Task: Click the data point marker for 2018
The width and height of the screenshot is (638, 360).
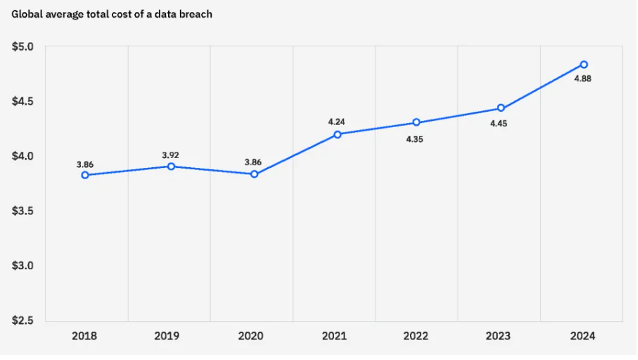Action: (85, 175)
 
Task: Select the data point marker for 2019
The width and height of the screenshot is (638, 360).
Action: (171, 166)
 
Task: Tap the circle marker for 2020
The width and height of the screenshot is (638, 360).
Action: (254, 174)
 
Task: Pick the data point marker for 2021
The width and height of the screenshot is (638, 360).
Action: (337, 134)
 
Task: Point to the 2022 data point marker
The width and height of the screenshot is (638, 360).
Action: (416, 122)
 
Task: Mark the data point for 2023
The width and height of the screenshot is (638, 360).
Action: (501, 108)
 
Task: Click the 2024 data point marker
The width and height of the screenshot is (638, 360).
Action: (584, 64)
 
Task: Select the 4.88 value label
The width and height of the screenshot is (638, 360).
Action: (583, 79)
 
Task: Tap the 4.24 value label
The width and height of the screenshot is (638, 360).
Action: (336, 122)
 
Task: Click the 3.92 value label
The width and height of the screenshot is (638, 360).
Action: (170, 155)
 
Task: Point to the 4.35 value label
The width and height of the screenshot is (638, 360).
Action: (415, 139)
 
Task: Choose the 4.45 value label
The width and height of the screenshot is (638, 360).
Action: (498, 123)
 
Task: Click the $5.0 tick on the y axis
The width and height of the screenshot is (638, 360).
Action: (22, 47)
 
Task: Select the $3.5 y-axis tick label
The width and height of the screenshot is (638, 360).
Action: (22, 211)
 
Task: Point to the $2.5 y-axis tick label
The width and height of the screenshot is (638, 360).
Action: (22, 320)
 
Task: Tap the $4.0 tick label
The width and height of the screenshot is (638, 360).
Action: (22, 156)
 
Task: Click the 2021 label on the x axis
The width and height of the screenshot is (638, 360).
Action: (334, 336)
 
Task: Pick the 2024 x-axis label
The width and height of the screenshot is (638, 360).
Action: (583, 336)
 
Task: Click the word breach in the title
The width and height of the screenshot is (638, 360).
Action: (197, 14)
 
